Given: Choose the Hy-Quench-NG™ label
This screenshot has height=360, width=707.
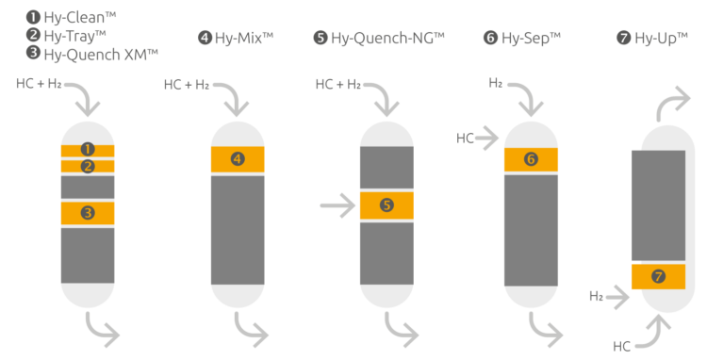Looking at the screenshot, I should (x=386, y=38).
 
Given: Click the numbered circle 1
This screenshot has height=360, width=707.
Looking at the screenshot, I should (x=88, y=149).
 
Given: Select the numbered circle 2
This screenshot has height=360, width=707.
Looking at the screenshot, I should (x=88, y=167).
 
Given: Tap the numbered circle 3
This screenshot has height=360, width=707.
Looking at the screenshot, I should (x=88, y=213).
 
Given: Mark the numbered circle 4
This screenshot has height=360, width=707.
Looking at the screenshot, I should (x=237, y=159).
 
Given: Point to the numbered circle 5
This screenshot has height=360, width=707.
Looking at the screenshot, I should (x=386, y=205).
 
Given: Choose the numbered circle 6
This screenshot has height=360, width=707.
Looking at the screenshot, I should (x=531, y=159).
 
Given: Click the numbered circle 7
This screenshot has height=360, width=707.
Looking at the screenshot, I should (x=658, y=276).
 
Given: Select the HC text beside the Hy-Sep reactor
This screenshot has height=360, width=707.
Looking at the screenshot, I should (x=465, y=139).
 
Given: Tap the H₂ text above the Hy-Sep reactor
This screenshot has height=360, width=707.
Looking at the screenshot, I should (x=496, y=84).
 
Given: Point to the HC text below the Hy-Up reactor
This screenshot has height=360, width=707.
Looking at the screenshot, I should (x=622, y=346).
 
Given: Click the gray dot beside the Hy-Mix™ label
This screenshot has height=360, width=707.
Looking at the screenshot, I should (x=205, y=38).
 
